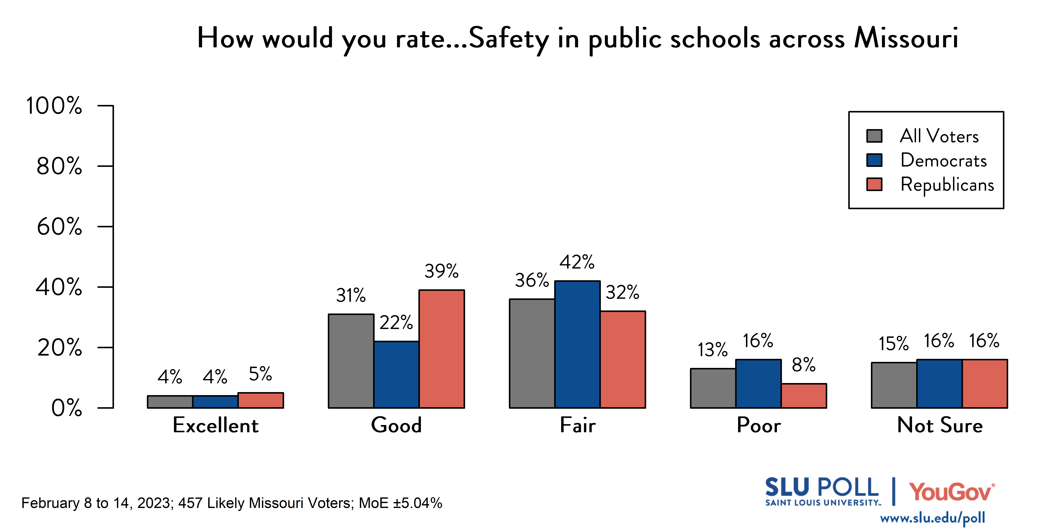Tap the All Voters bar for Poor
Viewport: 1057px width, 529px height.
point(713,388)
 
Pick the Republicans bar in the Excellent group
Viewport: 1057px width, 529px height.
point(261,400)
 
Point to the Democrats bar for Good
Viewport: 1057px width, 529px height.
point(396,375)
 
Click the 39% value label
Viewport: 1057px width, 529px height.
point(442,271)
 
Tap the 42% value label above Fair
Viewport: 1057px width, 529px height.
point(577,262)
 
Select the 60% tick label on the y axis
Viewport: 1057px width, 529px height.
point(60,226)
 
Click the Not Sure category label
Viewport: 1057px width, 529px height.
point(940,425)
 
